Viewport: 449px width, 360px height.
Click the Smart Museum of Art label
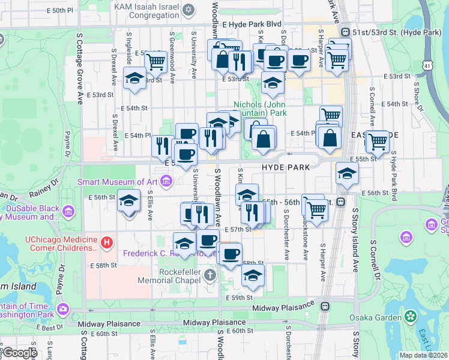coord(119,181)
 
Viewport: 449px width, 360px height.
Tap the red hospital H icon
coord(107,242)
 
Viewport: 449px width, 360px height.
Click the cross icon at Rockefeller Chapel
coord(209,275)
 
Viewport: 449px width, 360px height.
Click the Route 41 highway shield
coord(427,64)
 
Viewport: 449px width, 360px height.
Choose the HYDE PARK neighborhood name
coord(285,167)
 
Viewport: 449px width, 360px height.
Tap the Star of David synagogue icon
coord(189,10)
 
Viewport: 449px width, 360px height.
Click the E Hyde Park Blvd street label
coord(252,24)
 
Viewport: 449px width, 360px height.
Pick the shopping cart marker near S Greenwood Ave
coord(156,61)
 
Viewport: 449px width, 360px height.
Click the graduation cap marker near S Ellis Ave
coord(128,201)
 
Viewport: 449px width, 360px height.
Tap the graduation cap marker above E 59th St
coord(253,275)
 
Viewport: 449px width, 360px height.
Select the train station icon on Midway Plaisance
coord(325,306)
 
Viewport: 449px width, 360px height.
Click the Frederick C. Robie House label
coord(159,254)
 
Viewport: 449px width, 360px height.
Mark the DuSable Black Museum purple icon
coord(67,211)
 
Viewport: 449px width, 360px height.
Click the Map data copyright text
coord(423,355)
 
